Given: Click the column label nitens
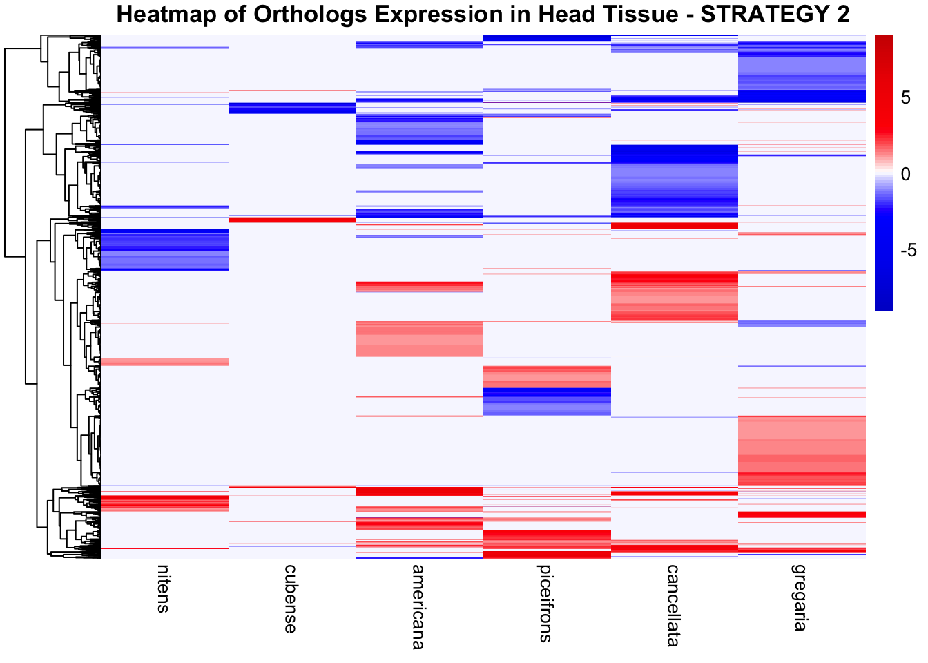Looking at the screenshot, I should click(163, 588).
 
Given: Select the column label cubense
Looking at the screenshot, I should click(291, 598).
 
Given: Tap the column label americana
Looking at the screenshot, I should click(418, 607).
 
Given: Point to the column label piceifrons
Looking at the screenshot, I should click(545, 604).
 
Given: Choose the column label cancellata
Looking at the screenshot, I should click(673, 605).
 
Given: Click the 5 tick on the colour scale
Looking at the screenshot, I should click(906, 98).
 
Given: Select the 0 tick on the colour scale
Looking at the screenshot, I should click(906, 174).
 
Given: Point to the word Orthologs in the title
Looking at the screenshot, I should click(306, 14).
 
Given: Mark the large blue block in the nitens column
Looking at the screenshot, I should click(165, 249).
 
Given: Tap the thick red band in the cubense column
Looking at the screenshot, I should click(292, 220).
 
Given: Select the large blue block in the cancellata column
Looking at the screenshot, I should click(675, 180).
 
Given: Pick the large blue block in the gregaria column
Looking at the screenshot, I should click(802, 73).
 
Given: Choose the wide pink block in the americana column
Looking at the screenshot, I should click(419, 338).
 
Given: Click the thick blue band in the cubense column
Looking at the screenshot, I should click(292, 108).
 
